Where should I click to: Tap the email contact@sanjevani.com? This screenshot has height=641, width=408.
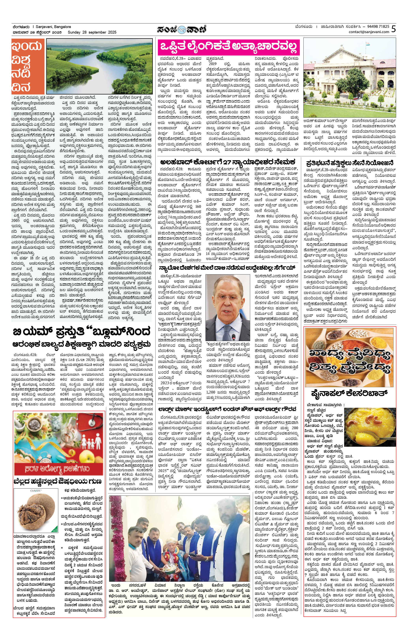pos(369,32)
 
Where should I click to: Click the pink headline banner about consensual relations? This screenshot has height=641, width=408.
pos(228,48)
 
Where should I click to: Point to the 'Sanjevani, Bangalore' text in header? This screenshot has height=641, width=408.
pos(53,27)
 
